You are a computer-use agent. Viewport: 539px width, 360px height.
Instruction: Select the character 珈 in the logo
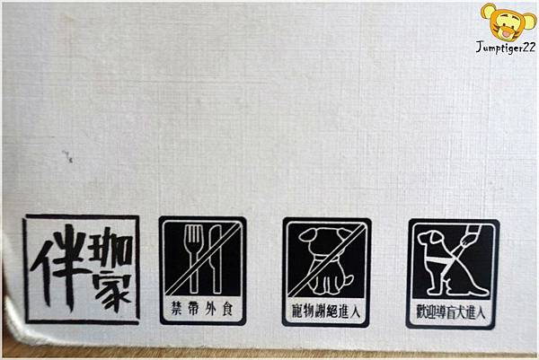point(110,247)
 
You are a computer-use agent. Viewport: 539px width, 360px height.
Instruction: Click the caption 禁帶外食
point(202,309)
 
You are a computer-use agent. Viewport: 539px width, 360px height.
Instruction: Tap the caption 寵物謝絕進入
point(326,312)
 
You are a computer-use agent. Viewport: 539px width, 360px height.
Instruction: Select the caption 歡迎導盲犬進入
point(451,312)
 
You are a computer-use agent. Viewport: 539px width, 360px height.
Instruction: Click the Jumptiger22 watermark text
point(505,48)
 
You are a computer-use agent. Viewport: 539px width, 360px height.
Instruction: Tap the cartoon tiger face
point(508,22)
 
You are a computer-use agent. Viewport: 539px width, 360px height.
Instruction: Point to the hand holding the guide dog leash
point(466,240)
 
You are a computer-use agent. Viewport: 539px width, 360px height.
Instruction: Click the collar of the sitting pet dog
point(323,258)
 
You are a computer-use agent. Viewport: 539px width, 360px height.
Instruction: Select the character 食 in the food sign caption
point(227,310)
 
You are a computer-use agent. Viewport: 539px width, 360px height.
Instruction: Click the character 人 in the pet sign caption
point(355,312)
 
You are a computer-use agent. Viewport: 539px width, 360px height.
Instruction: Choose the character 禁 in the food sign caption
point(177,309)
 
